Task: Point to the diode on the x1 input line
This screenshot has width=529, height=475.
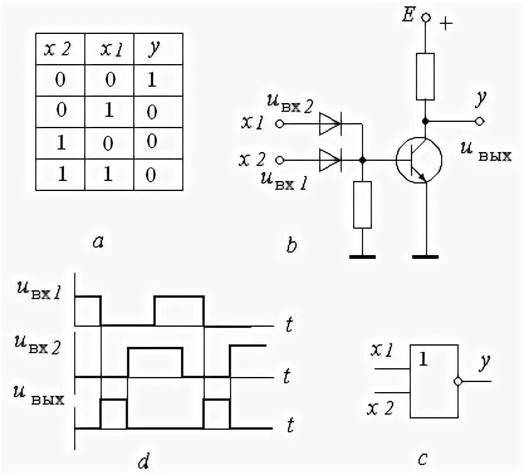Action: pos(330,124)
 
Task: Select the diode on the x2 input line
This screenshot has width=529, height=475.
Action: pos(330,161)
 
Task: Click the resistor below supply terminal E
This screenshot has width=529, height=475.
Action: pos(425,77)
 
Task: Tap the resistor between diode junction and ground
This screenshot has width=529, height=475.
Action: pos(363,204)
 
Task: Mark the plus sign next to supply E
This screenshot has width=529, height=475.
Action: pos(447,25)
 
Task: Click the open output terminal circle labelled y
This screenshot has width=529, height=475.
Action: pos(479,121)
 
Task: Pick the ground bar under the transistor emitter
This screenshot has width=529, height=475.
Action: pos(425,257)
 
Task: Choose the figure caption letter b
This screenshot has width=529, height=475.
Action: pos(291,245)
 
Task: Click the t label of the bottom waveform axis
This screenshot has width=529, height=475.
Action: pos(290,427)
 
